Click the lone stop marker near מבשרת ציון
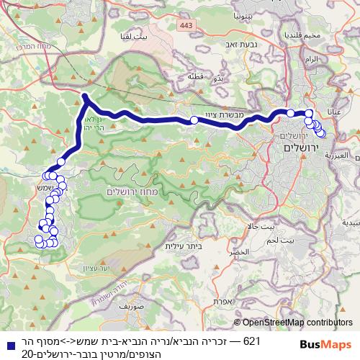pyautogui.click(x=194, y=120)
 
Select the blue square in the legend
pyautogui.click(x=7, y=346)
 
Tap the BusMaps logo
pyautogui.click(x=322, y=345)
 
